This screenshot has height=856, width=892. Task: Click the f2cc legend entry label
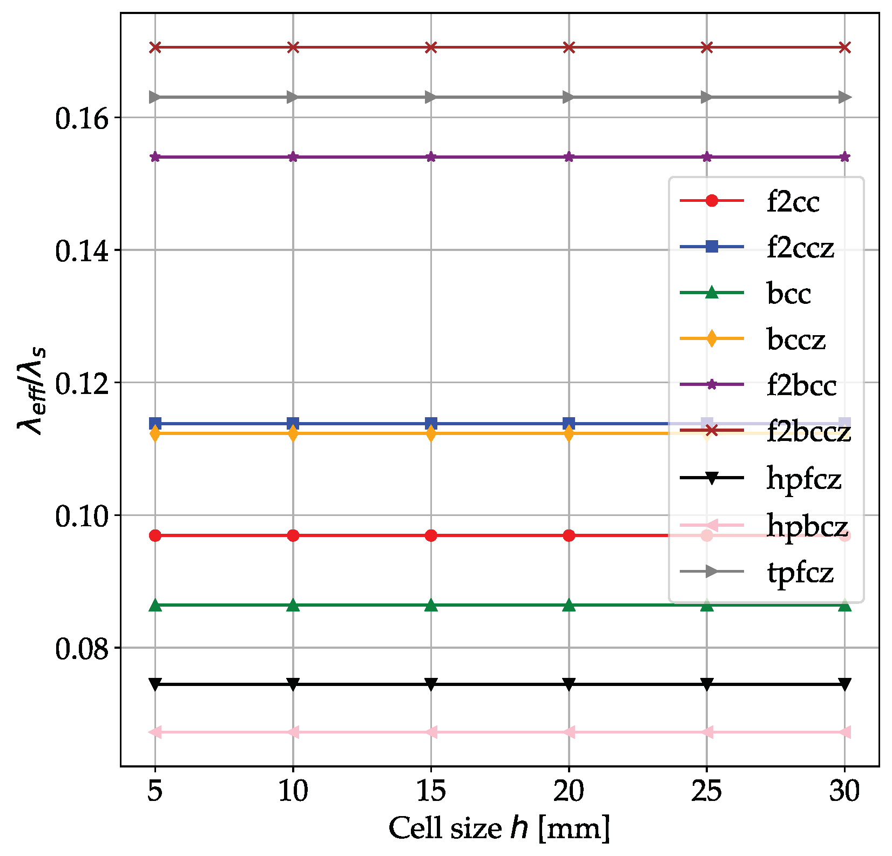click(x=793, y=202)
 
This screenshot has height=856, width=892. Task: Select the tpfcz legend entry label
click(x=800, y=572)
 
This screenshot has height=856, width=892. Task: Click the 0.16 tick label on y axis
click(x=80, y=118)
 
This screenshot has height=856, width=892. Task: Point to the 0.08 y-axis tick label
click(x=80, y=648)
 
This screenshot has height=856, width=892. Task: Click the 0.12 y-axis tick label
click(x=80, y=383)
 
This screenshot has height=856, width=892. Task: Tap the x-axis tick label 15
click(x=431, y=792)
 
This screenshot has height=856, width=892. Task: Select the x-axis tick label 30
click(x=844, y=792)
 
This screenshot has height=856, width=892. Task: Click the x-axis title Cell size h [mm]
click(x=499, y=828)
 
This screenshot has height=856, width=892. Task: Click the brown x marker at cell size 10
click(x=293, y=47)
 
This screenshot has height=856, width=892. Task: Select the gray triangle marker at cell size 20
click(x=569, y=97)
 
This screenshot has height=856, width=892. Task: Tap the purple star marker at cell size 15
click(x=431, y=157)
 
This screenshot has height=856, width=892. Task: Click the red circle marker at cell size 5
click(x=155, y=535)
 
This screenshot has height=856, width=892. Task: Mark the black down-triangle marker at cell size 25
click(x=707, y=684)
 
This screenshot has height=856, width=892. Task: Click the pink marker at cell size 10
click(x=293, y=732)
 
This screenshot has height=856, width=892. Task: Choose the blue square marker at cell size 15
click(x=431, y=423)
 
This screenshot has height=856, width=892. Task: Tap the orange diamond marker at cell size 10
click(x=293, y=433)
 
